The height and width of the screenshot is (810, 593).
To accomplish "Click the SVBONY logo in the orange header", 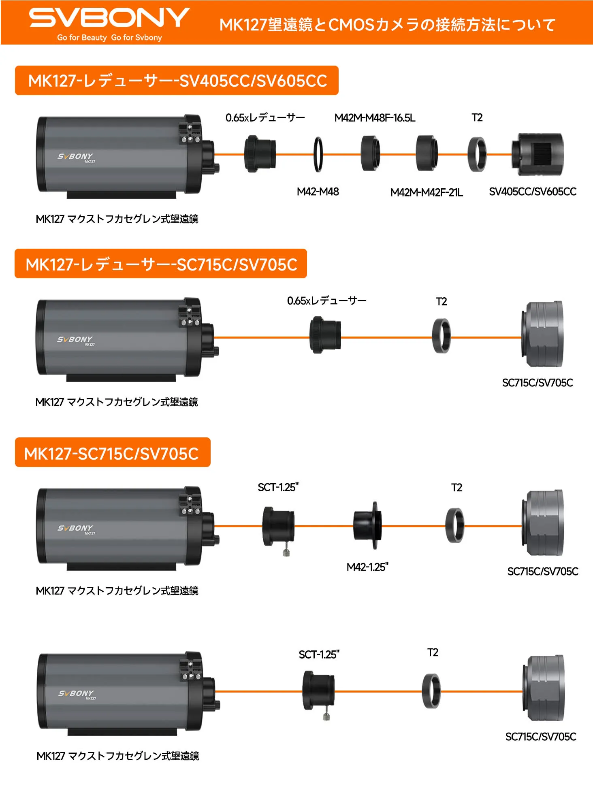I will pos(109,18).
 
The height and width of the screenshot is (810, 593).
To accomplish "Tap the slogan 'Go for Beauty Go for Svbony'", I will pos(109,38).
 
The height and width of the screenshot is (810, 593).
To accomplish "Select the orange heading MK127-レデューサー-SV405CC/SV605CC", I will pos(177,81).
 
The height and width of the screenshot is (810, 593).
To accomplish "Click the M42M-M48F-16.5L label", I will pos(375,118).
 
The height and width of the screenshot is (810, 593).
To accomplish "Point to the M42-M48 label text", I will pos(318,192).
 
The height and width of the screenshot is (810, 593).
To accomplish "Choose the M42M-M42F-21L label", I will pos(426,192).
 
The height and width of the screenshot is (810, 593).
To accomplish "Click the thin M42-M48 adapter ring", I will pos(318,154).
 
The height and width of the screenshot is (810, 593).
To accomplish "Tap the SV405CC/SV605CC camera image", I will pos(538,154).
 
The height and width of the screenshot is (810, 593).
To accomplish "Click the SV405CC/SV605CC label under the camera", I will pos(532,192).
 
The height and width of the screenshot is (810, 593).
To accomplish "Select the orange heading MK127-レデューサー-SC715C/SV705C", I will pos(161,264).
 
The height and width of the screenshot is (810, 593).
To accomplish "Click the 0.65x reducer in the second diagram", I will pos(325,335).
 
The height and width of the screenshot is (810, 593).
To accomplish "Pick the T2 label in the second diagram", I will pos(441,302).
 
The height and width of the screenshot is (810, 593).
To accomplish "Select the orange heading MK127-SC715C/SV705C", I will pos(112,453).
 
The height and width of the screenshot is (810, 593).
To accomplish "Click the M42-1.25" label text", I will pos(367,567).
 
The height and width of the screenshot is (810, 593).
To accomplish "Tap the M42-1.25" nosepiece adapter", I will pos(368,525).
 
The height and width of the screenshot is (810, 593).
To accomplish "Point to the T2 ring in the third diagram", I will pos(455,525).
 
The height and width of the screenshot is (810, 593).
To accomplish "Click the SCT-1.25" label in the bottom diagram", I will pos(319,654).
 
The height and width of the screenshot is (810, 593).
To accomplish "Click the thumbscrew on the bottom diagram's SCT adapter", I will pos(326,716).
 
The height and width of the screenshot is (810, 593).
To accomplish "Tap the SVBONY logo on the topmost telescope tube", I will pos(75,156).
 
